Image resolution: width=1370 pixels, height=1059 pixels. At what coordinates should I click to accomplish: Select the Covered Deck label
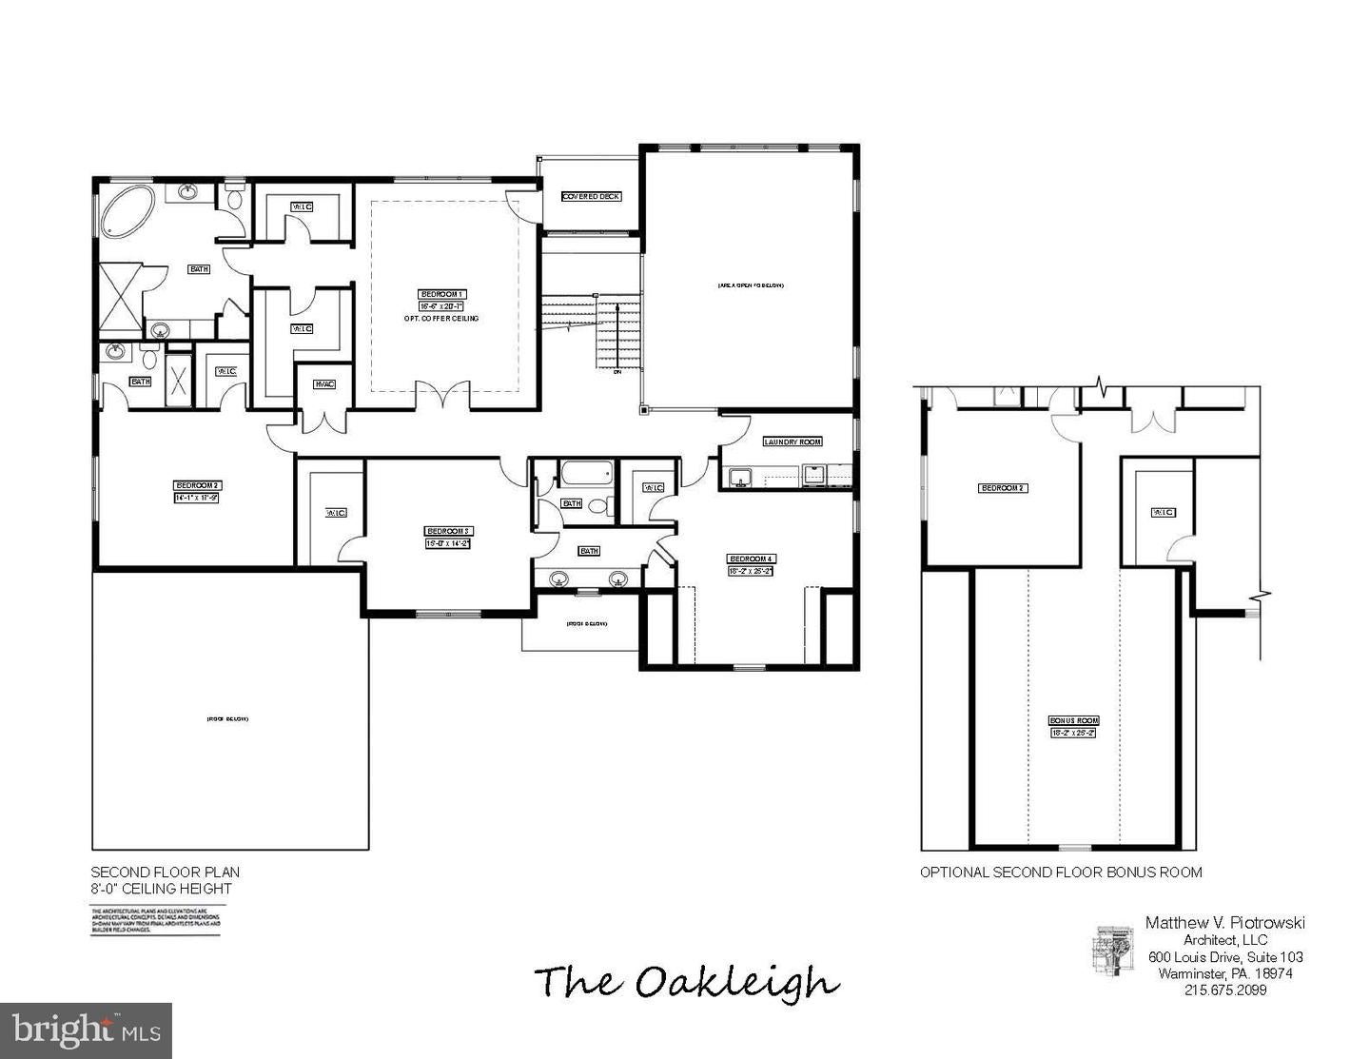591,197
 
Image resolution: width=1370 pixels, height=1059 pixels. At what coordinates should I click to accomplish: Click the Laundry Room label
793,441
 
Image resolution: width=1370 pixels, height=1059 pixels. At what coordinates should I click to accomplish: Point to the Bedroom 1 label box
442,294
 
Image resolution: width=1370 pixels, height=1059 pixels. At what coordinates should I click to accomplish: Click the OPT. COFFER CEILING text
441,318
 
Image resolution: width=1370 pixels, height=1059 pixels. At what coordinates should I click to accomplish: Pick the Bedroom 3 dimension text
448,543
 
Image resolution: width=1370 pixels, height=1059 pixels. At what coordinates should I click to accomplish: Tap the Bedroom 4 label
752,559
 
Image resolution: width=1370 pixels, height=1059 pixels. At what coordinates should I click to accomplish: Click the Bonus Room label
1074,720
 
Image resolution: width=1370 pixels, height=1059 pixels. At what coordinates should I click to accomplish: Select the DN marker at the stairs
616,372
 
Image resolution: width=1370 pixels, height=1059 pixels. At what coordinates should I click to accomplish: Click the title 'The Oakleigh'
686,981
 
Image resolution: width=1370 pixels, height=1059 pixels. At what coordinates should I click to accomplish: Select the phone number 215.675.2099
1225,990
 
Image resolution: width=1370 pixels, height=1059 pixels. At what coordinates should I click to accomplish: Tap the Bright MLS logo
86,1030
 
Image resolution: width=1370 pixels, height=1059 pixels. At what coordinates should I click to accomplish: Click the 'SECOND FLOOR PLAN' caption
165,872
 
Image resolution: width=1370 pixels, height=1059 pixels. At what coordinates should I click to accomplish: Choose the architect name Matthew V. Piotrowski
1225,922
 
